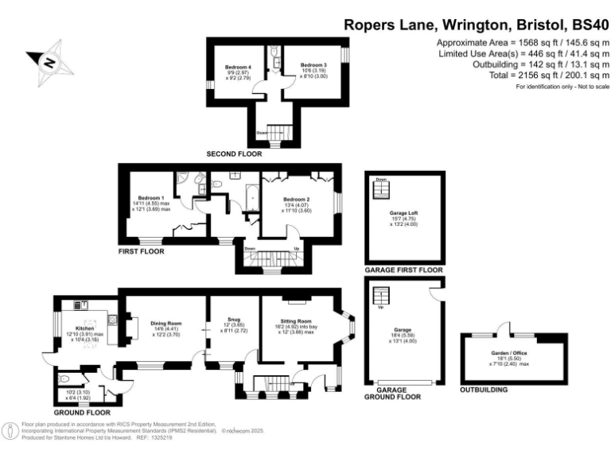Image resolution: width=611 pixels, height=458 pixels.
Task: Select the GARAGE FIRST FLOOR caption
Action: click(403, 271)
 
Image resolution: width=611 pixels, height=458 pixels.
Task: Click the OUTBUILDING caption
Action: click(483, 391)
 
